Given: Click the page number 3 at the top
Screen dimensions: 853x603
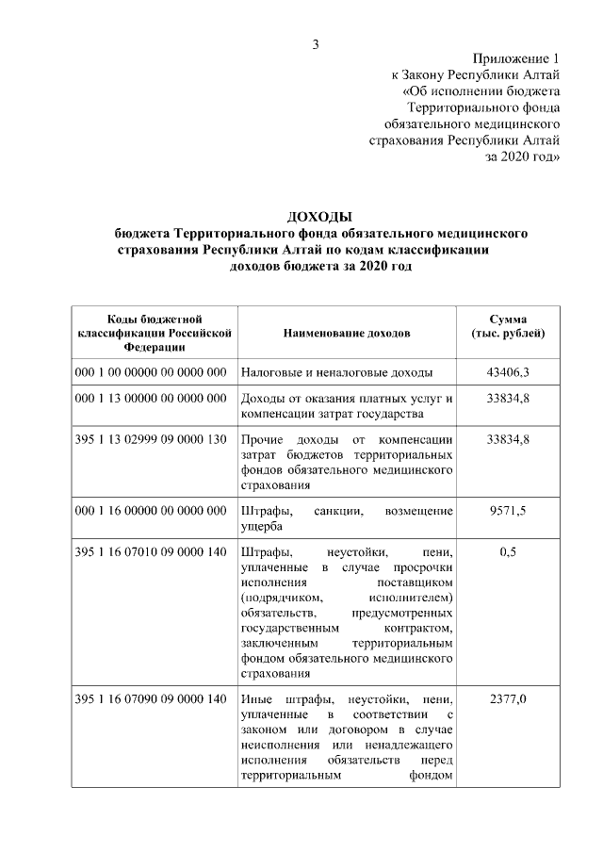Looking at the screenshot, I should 317,45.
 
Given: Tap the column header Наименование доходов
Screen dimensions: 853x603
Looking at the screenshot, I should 346,334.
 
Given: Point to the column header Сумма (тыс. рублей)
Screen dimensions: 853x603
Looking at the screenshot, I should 507,326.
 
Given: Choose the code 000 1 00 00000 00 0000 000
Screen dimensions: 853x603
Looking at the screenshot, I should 151,372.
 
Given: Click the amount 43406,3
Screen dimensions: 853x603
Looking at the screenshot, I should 507,372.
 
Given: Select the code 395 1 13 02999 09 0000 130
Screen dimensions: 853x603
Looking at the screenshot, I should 151,440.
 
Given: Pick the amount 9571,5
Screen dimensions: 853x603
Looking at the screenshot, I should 507,510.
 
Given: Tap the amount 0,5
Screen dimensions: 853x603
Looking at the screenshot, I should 507,552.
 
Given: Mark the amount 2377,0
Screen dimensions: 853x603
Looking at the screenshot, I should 507,698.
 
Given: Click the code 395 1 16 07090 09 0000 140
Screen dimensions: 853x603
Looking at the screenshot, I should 151,698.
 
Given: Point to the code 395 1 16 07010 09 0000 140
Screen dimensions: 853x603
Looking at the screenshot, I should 151,552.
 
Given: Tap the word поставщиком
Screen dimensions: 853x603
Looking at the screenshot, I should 415,582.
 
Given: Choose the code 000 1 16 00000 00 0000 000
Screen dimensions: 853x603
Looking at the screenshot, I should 151,510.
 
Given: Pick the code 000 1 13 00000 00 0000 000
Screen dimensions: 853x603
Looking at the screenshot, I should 151,399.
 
